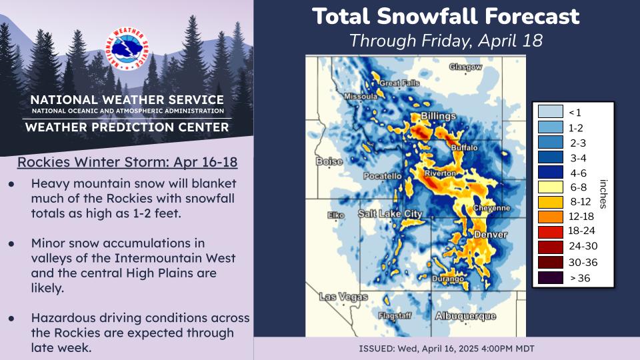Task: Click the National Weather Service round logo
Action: [126, 51]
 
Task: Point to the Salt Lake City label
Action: [390, 213]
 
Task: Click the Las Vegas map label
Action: [343, 296]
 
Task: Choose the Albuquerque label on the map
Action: [465, 315]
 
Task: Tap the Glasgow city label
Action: [465, 67]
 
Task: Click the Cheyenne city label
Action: [491, 208]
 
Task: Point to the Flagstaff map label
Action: [393, 315]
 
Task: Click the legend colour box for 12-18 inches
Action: [547, 217]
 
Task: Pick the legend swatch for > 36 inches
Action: [547, 278]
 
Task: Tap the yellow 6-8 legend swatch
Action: [547, 186]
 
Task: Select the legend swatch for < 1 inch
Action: [547, 111]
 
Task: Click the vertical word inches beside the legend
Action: [603, 194]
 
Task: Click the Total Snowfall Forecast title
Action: [446, 16]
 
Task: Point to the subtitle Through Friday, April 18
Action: [446, 40]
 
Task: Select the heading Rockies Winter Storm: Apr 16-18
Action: [127, 163]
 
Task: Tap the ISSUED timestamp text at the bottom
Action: [446, 349]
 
